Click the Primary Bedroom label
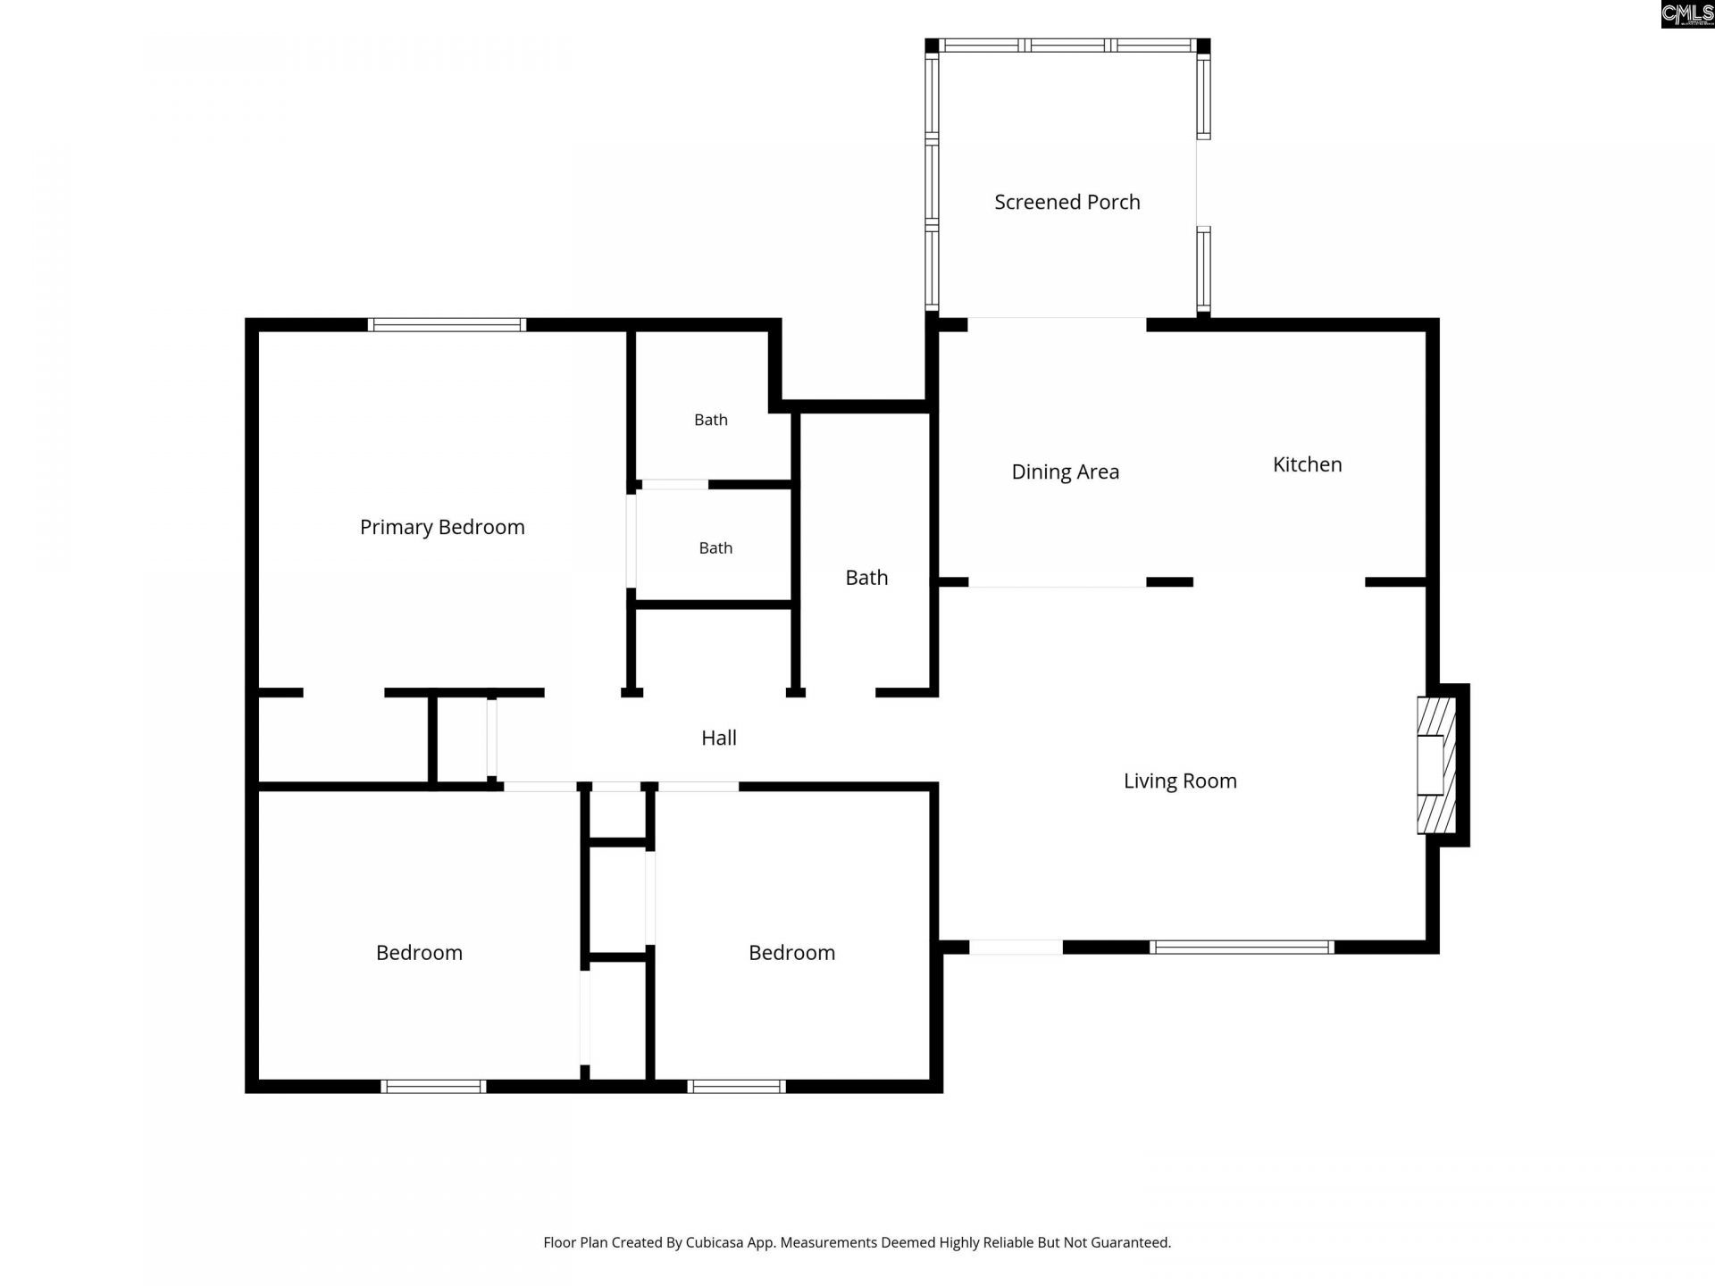[x=442, y=528]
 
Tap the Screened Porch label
[x=1067, y=202]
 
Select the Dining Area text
[x=1065, y=472]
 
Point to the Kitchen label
[x=1307, y=464]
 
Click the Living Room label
[x=1180, y=781]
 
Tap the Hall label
[x=719, y=738]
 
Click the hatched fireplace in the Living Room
[x=1436, y=765]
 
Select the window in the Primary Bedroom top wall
[x=447, y=325]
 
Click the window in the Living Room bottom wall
[x=1242, y=948]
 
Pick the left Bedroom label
[x=419, y=953]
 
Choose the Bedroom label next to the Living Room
[x=791, y=953]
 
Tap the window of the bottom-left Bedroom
[x=433, y=1087]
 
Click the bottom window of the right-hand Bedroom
[x=737, y=1087]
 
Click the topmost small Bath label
[x=711, y=420]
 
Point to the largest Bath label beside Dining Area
[x=866, y=578]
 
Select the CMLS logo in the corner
[x=1687, y=14]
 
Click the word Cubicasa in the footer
[x=715, y=1242]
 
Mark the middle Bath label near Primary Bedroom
[x=715, y=548]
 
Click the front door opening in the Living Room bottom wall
[x=1016, y=948]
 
